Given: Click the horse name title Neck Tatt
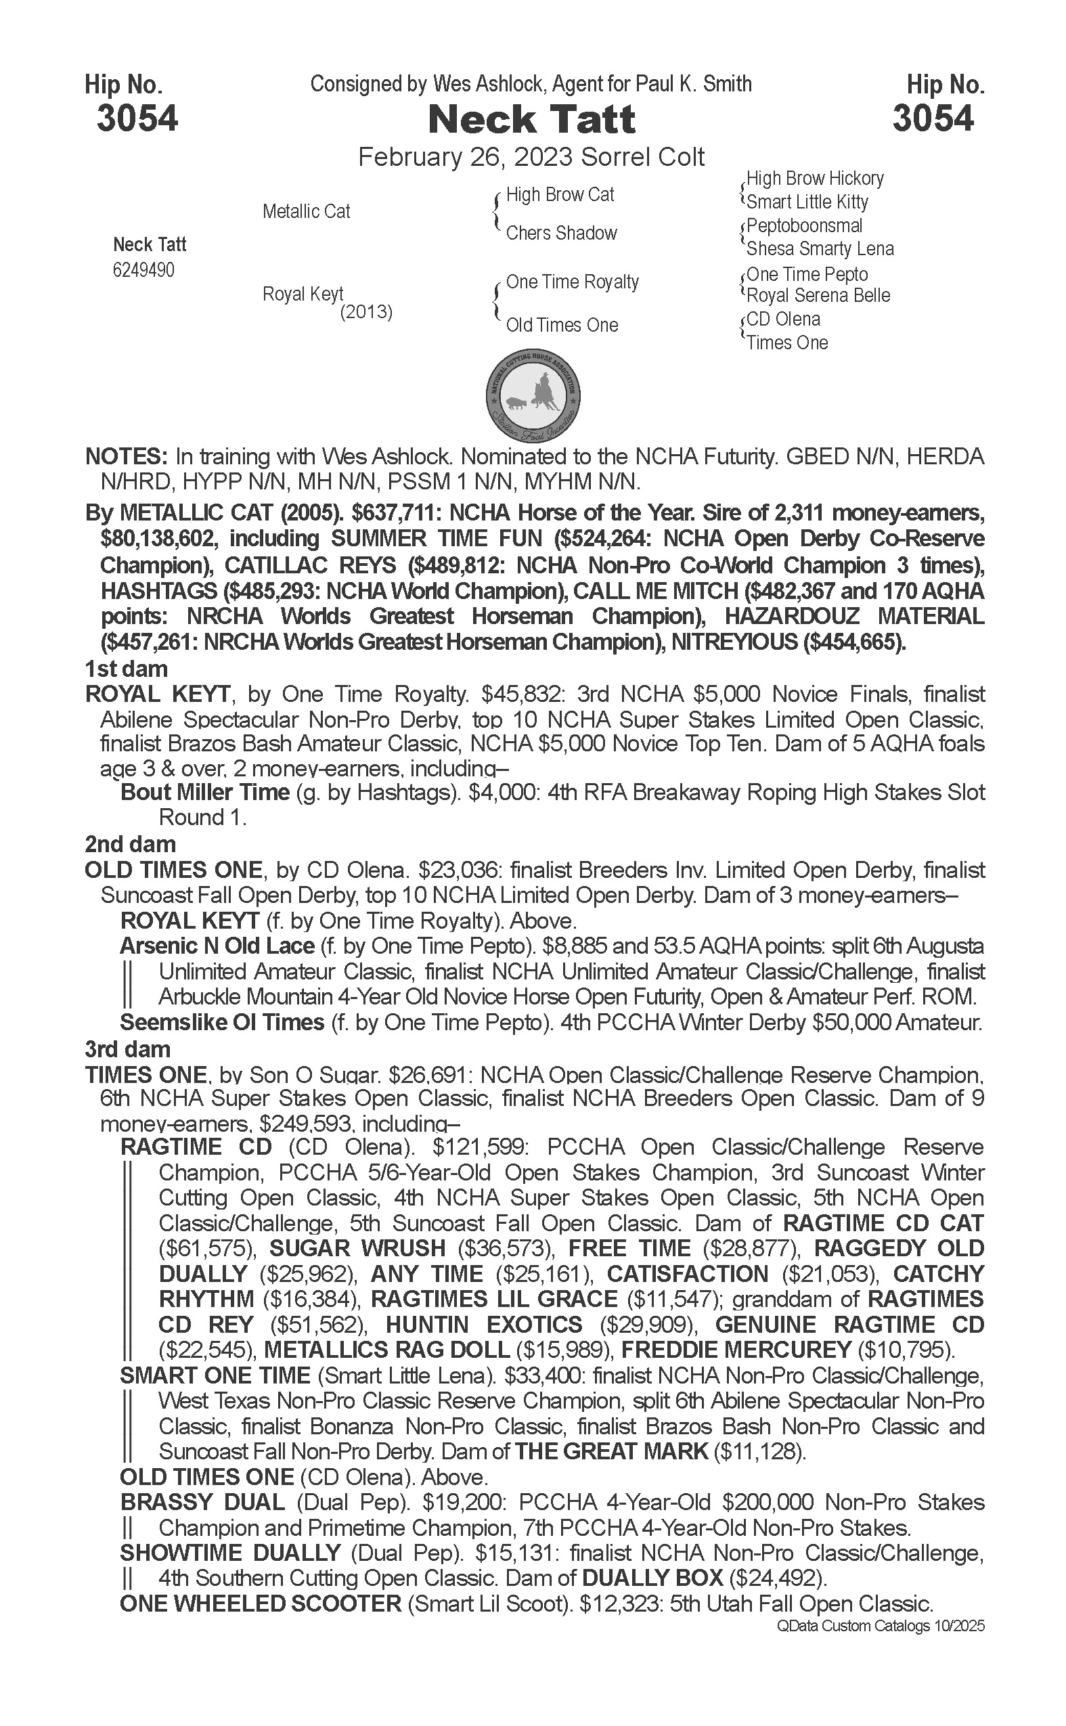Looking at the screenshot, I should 531,119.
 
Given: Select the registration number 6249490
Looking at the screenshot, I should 143,270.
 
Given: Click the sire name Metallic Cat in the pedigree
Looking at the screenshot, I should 306,211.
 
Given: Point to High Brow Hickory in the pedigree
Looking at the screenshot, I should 814,179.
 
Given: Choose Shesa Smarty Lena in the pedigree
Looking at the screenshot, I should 820,249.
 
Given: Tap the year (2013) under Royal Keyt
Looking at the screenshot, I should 366,311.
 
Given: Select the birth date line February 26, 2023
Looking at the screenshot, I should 531,156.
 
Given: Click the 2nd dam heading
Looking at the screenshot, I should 131,844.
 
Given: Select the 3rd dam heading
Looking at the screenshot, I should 128,1049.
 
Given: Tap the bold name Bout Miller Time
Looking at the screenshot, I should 205,793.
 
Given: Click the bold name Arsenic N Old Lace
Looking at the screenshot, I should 217,946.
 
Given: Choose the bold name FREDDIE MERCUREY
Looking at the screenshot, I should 736,1350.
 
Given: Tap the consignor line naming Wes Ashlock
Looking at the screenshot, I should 531,85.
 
